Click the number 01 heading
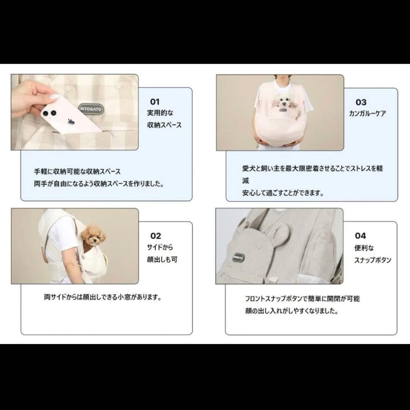[x=155, y=102]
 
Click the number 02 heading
[x=156, y=236]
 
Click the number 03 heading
[x=361, y=102]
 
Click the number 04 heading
[x=360, y=236]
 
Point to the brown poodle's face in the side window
[x=92, y=236]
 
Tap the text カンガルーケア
[x=367, y=114]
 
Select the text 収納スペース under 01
[x=164, y=125]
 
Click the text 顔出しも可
[x=162, y=260]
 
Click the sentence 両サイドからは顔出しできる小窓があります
[x=102, y=297]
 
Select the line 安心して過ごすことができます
[x=283, y=193]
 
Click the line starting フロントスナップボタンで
[x=302, y=299]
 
